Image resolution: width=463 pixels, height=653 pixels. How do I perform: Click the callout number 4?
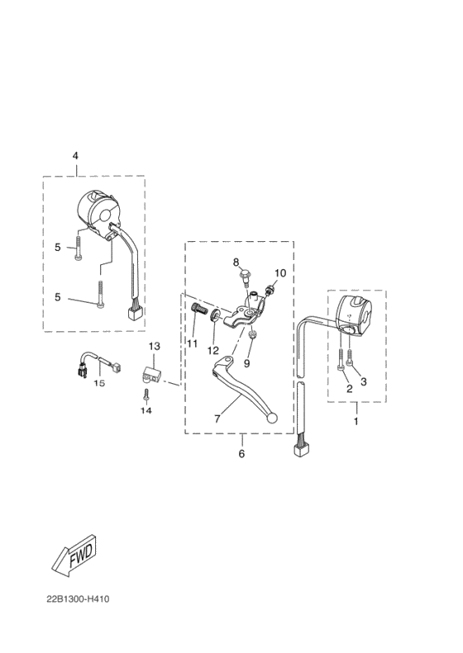(x=75, y=156)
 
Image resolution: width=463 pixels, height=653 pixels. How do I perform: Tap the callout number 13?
(x=154, y=346)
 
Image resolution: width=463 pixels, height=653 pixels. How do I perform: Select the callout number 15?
(x=99, y=383)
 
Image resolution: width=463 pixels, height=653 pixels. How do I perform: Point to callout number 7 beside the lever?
(x=217, y=419)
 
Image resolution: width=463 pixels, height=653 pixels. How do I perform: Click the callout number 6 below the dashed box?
(x=241, y=453)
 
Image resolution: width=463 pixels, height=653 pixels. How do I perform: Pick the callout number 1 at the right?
(x=356, y=422)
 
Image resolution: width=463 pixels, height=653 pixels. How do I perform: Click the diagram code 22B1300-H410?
(x=78, y=599)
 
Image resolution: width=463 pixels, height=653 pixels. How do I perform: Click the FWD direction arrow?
(x=75, y=556)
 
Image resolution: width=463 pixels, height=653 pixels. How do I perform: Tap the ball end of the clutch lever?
(x=272, y=418)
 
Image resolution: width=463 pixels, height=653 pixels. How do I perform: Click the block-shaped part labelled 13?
(x=151, y=374)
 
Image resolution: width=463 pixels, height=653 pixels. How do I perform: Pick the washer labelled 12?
(x=215, y=315)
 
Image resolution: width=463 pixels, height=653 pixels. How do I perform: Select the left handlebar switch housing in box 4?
(x=99, y=213)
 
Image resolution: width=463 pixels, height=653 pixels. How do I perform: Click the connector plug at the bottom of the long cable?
(x=301, y=451)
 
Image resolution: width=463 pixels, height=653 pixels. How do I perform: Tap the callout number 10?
(x=280, y=273)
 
